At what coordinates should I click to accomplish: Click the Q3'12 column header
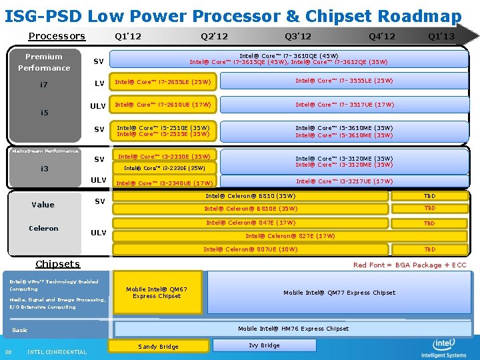coord(298,36)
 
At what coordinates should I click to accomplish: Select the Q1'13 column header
coord(441,36)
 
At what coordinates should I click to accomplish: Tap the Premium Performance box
coord(44,62)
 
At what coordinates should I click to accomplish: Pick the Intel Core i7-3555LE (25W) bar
coord(345,81)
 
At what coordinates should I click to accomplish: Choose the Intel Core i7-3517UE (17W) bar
coord(345,105)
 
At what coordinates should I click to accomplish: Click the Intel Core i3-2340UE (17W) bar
coord(165,183)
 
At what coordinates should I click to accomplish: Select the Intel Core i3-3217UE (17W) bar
coord(345,181)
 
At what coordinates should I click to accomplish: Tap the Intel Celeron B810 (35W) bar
coord(250,196)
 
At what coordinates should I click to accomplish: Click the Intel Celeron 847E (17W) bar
coord(250,223)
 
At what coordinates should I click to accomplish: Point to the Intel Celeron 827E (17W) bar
coord(290,236)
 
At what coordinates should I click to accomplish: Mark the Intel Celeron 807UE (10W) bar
coord(250,249)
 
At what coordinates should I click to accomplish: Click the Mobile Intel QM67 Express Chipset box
coord(157,293)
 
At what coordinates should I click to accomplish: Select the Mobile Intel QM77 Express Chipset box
coord(339,293)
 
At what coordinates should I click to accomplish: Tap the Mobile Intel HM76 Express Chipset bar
coord(293,329)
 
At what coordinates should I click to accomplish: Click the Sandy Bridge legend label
coord(158,347)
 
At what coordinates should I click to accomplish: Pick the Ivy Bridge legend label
coord(264,346)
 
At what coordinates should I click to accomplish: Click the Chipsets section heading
coord(57,264)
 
